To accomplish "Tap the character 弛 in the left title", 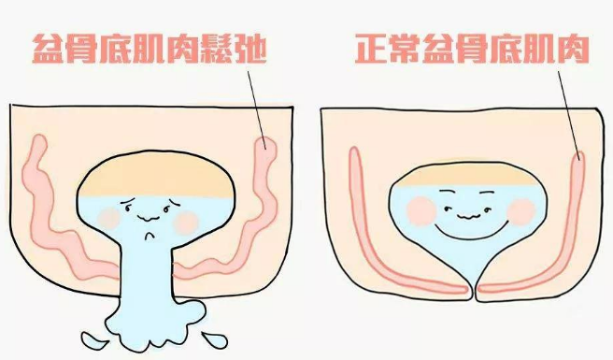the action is coord(249,49).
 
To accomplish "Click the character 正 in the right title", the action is coord(371,49).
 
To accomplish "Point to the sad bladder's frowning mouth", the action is coord(149,236).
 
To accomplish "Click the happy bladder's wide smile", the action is coord(471,230).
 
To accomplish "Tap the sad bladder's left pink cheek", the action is coord(108,219).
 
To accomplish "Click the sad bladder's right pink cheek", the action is coord(186,223).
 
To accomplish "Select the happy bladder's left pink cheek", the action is coord(421,211).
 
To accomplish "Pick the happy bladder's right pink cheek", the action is coord(521,212).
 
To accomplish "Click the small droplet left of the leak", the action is coord(94,339).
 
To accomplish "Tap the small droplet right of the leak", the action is coord(214,338).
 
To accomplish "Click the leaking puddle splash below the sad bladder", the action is coord(155,324).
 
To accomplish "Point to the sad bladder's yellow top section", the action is coord(156,175).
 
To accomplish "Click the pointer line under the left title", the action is coord(257,110).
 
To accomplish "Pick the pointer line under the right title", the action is coord(569,115).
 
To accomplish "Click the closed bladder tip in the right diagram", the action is coord(474,292).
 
